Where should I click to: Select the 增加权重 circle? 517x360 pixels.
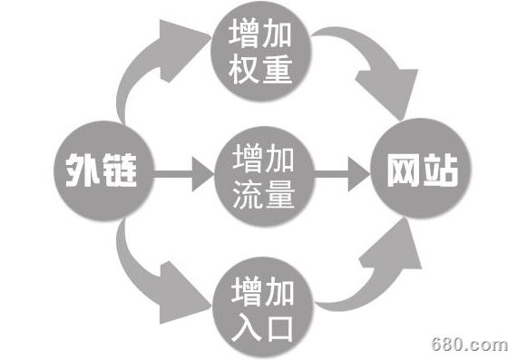tap(261, 53)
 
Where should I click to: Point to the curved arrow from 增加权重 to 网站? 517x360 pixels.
tap(372, 73)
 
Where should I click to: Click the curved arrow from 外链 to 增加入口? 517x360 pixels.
tap(150, 272)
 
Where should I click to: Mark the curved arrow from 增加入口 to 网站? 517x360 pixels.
tap(372, 272)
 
